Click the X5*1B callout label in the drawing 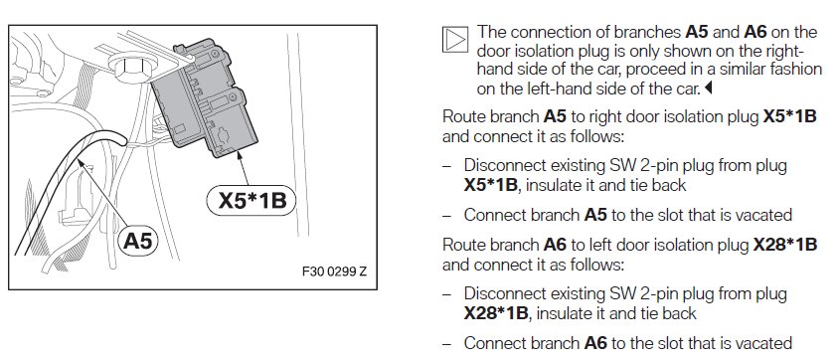point(251,200)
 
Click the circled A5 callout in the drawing point(138,241)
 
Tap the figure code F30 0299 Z point(334,271)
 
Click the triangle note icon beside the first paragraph point(455,39)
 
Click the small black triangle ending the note point(709,88)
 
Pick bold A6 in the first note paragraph point(755,32)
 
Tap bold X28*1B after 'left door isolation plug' point(785,245)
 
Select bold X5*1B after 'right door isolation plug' point(789,116)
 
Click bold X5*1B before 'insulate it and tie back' point(491,185)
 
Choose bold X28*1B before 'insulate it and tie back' point(495,313)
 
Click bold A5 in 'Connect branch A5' point(595,215)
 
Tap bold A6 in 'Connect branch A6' point(595,343)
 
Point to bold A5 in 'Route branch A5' point(555,116)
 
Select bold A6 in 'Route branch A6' point(555,245)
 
